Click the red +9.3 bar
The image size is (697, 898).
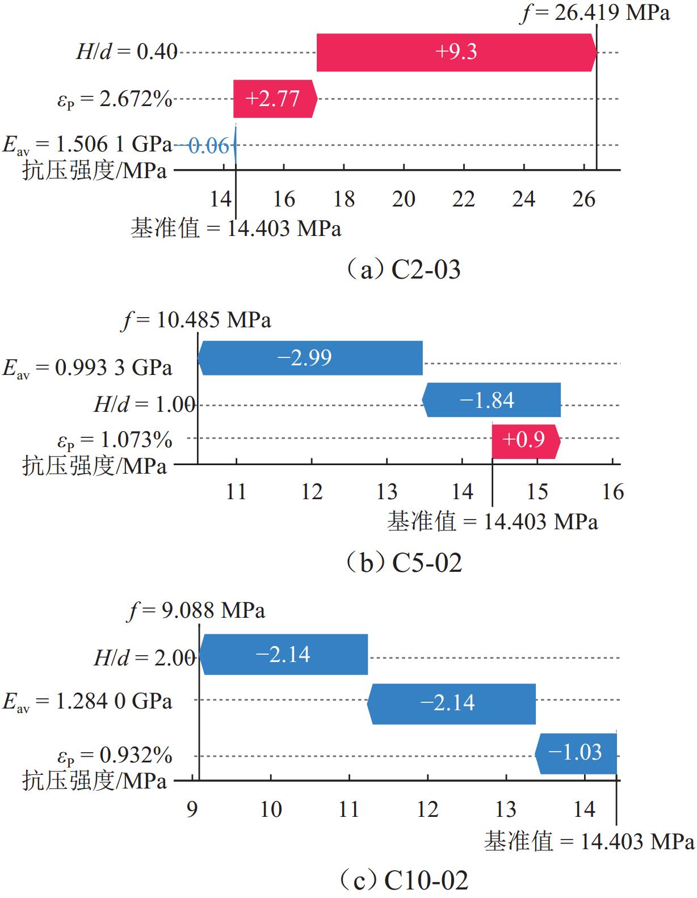pos(456,52)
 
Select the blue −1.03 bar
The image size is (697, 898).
pos(576,753)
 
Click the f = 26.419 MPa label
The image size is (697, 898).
pos(595,12)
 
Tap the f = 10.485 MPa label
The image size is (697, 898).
pos(196,321)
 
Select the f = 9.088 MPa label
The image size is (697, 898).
pos(197,611)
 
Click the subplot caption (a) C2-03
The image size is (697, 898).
pos(404,269)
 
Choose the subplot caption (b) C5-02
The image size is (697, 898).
pos(404,562)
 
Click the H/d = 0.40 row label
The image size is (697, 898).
pos(127,52)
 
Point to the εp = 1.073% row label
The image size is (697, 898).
pos(115,440)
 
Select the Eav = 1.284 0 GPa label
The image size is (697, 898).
pos(87,702)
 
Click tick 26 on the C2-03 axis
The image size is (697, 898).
pos(583,199)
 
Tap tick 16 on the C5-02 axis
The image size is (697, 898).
pos(612,491)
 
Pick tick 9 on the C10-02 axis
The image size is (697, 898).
pos(192,809)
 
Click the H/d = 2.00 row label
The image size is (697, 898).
pos(144,658)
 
